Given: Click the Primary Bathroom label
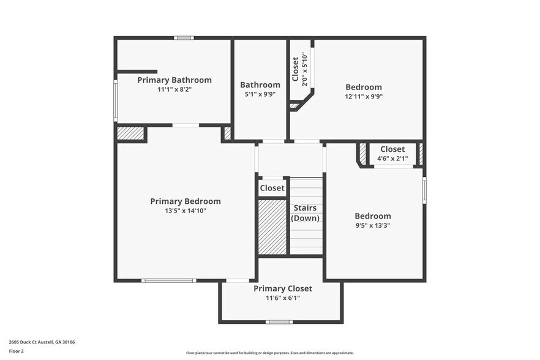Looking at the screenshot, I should (174, 80).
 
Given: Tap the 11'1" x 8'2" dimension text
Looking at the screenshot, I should (174, 89).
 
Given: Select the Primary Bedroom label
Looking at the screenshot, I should (186, 201).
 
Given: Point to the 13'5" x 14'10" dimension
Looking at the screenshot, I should (186, 211).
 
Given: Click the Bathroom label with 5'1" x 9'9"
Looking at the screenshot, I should (260, 85).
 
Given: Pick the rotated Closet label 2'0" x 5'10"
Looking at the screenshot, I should (296, 69).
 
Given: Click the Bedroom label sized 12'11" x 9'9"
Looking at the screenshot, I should (364, 87).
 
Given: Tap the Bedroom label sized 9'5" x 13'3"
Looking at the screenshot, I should (373, 216).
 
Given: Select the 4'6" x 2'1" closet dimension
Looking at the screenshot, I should (392, 159).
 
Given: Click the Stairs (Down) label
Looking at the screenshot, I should (305, 213).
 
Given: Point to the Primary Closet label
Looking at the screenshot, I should (283, 288).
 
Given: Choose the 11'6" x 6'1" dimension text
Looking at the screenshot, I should (283, 298).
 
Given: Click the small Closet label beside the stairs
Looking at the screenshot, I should (272, 188).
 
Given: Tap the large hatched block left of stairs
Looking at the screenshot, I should (272, 227).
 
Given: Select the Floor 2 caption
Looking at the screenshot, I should (17, 351).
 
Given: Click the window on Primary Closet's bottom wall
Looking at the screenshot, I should (279, 322).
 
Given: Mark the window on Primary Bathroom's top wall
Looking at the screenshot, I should (184, 38).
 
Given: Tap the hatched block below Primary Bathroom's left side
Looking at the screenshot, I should (131, 133).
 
